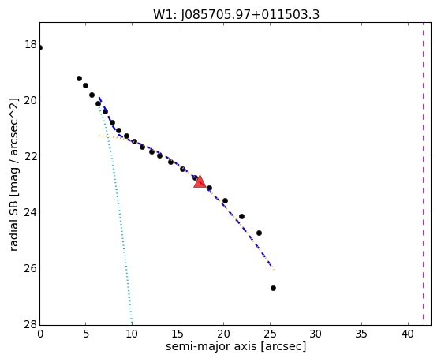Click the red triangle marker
click(200, 181)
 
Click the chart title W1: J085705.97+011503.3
click(236, 14)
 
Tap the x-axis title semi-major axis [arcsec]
click(236, 346)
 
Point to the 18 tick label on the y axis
click(31, 44)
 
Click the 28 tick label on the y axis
click(31, 323)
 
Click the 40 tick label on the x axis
click(407, 334)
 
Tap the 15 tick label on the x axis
click(178, 334)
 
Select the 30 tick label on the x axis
click(316, 334)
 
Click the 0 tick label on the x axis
click(40, 334)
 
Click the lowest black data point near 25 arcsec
click(273, 289)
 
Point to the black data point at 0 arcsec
click(40, 48)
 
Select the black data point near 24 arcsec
click(259, 233)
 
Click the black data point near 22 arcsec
click(241, 216)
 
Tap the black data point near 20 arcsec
click(225, 200)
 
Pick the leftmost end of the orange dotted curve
click(99, 136)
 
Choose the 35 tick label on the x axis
click(361, 334)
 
